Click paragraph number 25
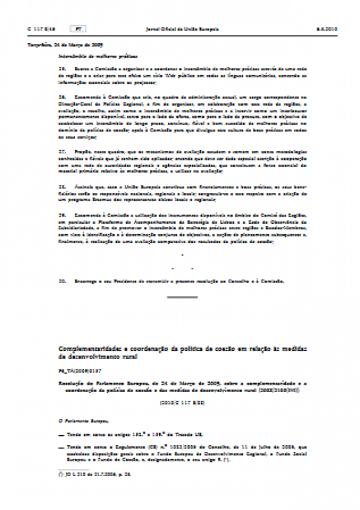coord(61,70)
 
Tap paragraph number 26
coord(61,96)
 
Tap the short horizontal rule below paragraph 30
coord(182,297)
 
